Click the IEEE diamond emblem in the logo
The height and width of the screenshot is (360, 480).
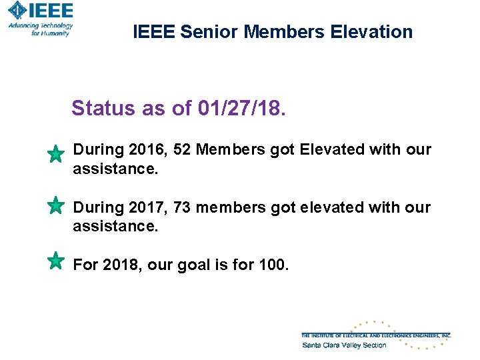17,10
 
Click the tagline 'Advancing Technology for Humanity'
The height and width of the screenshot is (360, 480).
41,29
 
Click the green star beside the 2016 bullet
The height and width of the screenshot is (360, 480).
56,155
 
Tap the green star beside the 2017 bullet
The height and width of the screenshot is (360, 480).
56,205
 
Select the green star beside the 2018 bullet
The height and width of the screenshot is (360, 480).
56,260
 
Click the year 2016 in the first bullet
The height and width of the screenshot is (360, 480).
145,150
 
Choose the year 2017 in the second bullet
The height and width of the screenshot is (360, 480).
145,207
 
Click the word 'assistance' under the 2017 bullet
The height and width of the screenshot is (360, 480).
115,226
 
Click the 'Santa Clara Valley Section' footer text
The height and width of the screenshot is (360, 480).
344,345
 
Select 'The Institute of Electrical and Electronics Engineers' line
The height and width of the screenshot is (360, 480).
376,335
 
